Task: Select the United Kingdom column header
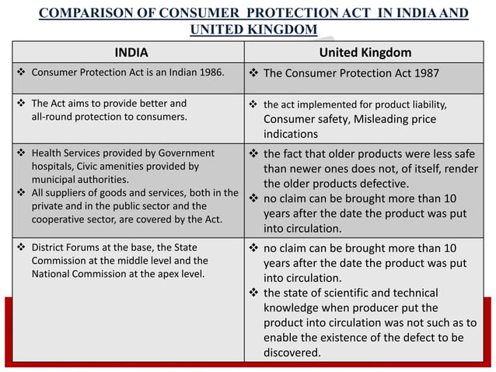pyautogui.click(x=369, y=53)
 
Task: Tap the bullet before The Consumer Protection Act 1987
pyautogui.click(x=253, y=74)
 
